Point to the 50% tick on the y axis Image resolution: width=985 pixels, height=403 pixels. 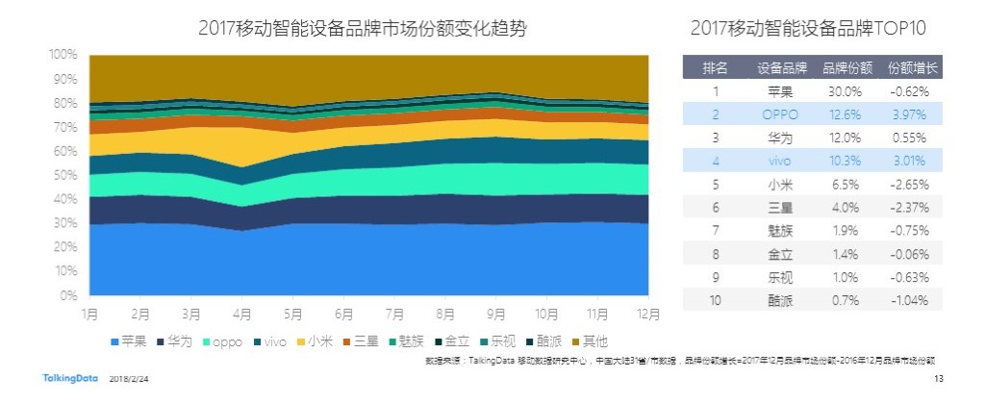64,175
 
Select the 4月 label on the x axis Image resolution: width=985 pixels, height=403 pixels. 242,314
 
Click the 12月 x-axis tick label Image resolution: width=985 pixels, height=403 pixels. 648,314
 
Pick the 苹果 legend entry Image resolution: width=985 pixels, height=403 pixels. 131,340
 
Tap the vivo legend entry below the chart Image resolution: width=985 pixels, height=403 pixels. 273,340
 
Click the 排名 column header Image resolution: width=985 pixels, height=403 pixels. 715,68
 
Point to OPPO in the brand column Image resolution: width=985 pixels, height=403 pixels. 780,114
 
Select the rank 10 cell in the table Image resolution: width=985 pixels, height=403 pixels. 715,299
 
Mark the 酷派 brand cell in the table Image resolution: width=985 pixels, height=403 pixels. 780,299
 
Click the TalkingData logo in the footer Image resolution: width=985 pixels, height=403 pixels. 67,381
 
